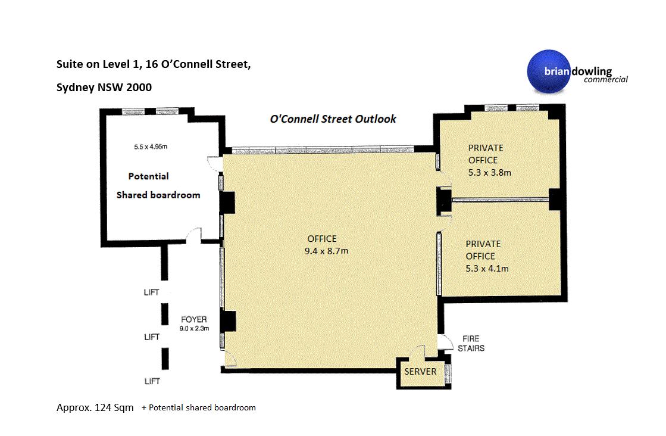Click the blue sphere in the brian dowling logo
point(549,71)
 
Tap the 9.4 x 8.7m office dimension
point(326,251)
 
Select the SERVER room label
point(420,372)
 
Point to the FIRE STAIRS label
point(471,343)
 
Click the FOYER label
point(193,319)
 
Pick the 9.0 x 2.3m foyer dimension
point(194,328)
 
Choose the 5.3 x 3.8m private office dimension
point(490,173)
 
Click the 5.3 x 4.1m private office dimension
point(487,269)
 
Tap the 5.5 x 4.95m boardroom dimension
point(151,147)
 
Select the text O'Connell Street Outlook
point(333,119)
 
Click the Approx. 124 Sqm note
point(95,407)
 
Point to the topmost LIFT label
point(151,292)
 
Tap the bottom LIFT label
point(152,381)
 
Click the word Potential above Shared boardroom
point(148,176)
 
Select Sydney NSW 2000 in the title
point(104,87)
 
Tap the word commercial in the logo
point(605,79)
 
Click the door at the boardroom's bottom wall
point(193,235)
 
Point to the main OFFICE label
point(322,239)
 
